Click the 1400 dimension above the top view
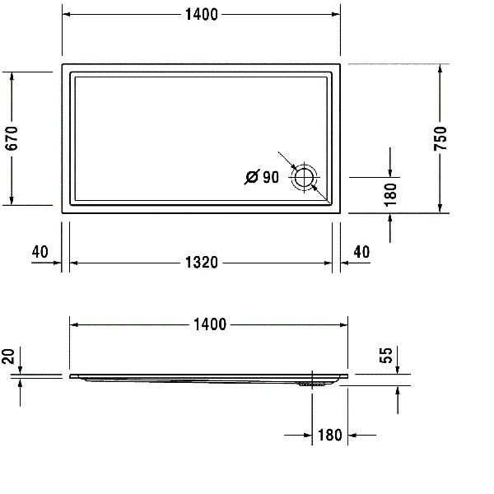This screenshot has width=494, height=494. click(x=202, y=15)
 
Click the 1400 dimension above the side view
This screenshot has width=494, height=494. click(x=209, y=324)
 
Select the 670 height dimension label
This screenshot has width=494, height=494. click(x=12, y=138)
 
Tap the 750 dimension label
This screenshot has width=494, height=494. click(x=440, y=138)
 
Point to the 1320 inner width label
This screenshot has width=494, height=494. click(x=202, y=263)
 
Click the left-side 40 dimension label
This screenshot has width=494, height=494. click(x=40, y=252)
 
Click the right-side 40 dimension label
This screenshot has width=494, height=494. click(x=361, y=252)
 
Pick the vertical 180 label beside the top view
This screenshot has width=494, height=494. click(x=390, y=194)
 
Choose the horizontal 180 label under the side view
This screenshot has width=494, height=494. click(x=330, y=435)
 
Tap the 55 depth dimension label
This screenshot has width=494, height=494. click(x=386, y=355)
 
